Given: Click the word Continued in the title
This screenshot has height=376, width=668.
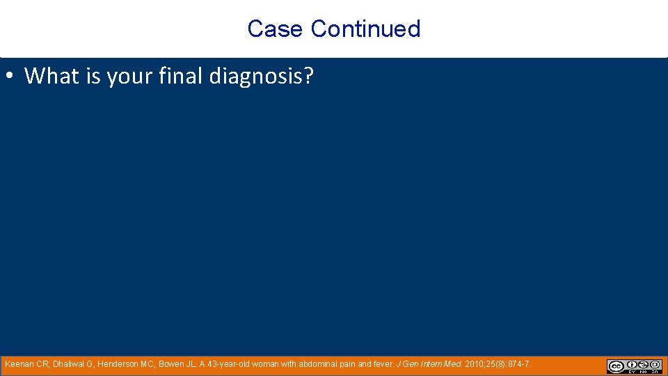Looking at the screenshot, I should click(365, 29).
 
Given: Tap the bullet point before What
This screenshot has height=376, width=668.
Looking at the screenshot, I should click(12, 75).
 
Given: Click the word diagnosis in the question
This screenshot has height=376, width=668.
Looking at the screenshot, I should click(255, 76).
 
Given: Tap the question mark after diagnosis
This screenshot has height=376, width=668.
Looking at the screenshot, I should click(308, 75).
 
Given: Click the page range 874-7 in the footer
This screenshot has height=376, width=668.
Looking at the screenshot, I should click(518, 364).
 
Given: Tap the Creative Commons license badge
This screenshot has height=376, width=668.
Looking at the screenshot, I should click(634, 366).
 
